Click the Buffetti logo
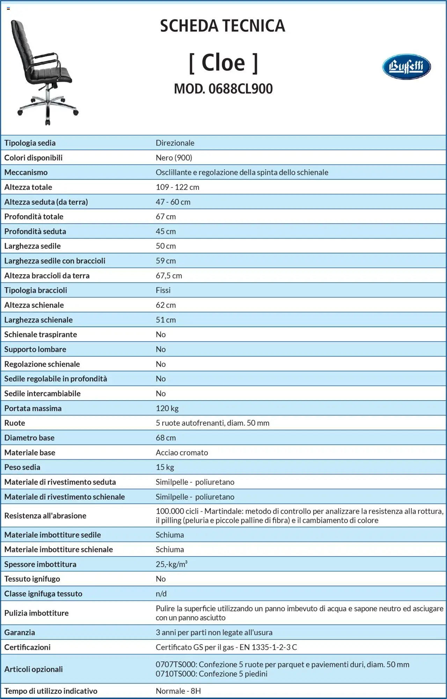(406, 67)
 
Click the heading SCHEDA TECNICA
(222, 26)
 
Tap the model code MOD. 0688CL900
(223, 89)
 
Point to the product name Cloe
(223, 63)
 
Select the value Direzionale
(175, 143)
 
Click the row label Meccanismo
(26, 172)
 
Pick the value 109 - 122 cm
(177, 187)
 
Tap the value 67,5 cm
(169, 276)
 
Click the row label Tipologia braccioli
(36, 290)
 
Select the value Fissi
(163, 290)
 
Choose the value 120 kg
(167, 408)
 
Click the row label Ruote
(15, 423)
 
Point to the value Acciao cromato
(182, 453)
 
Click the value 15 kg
(165, 467)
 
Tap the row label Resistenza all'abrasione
(45, 516)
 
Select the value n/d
(161, 594)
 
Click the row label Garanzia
(20, 632)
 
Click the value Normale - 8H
(178, 691)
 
